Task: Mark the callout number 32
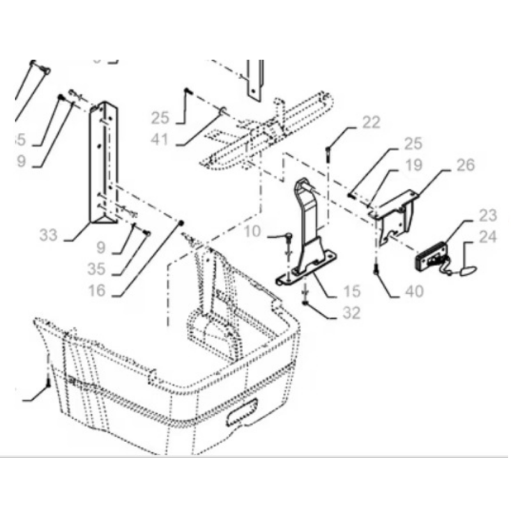coord(351,313)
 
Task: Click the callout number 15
coord(351,291)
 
